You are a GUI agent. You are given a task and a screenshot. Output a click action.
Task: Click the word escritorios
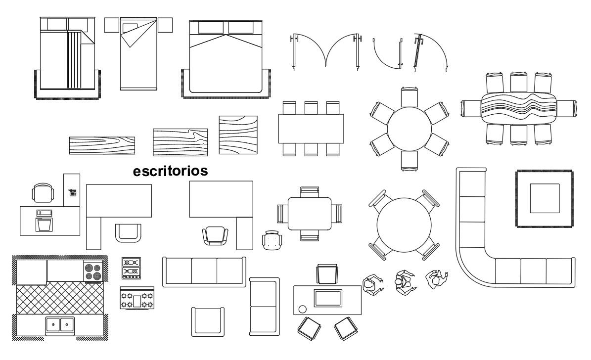tap(170, 171)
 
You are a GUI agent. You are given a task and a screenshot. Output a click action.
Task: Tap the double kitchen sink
tap(60, 324)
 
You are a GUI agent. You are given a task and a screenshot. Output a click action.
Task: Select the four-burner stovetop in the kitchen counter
tap(92, 271)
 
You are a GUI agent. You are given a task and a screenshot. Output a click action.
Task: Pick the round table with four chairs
tap(404, 225)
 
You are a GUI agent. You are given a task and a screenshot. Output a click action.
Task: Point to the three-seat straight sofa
tap(204, 271)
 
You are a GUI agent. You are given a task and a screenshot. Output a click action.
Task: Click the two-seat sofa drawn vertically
tap(264, 306)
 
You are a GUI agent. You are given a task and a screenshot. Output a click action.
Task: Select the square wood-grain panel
tap(238, 135)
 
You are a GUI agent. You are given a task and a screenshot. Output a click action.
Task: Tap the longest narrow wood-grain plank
tap(102, 145)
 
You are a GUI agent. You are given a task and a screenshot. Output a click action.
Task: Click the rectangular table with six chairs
tap(311, 129)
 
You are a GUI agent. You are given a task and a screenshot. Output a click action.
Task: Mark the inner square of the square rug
tap(545, 198)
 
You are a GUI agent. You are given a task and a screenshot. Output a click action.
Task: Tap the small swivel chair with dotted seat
tap(272, 241)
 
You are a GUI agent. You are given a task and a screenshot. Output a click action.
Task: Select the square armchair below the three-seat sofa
tap(208, 321)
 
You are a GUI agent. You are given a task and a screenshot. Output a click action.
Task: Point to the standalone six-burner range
tap(137, 299)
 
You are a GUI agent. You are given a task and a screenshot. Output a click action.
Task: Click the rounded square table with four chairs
tap(310, 214)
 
